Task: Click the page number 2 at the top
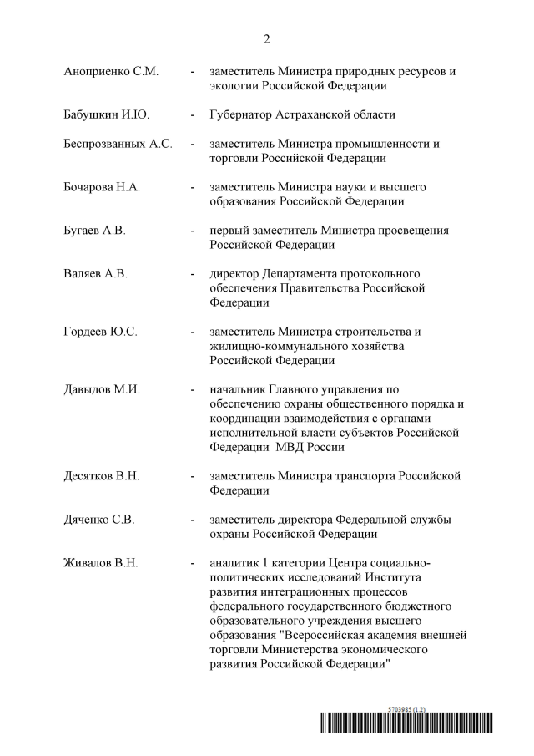[267, 39]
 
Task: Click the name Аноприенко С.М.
[111, 72]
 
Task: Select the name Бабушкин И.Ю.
[107, 114]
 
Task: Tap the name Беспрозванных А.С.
[118, 144]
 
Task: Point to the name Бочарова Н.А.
[102, 187]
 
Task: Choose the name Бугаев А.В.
[94, 231]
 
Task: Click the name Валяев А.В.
[95, 274]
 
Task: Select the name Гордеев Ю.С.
[100, 332]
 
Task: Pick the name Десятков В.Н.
[101, 476]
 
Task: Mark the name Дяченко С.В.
[99, 520]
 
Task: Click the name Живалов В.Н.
[101, 563]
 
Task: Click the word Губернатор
[245, 114]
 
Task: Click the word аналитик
[236, 563]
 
